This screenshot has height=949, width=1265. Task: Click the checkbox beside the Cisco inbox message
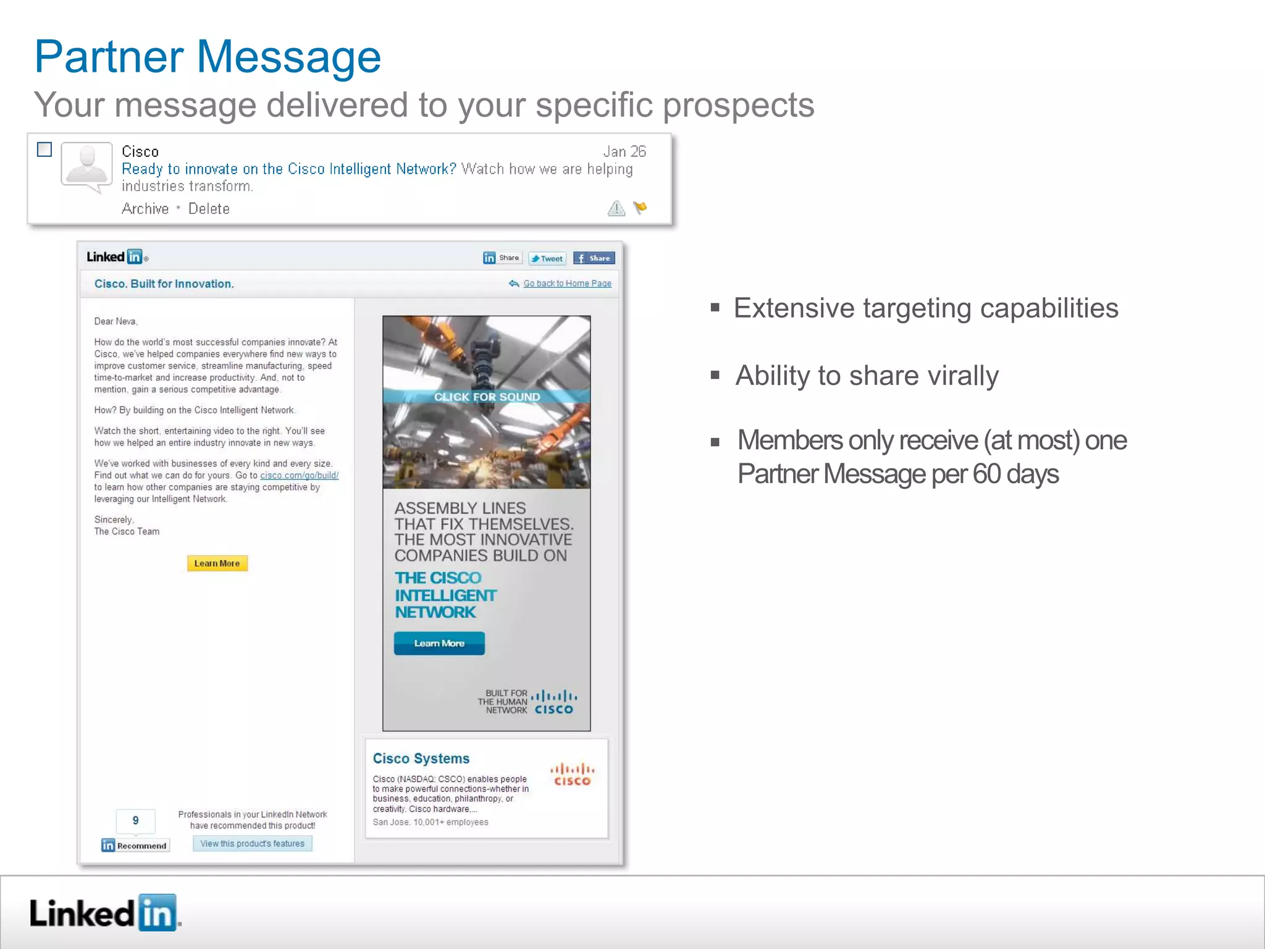click(x=44, y=150)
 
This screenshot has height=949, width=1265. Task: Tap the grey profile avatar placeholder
click(x=86, y=166)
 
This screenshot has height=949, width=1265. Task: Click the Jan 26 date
click(x=624, y=151)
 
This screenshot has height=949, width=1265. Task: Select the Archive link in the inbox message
click(x=145, y=209)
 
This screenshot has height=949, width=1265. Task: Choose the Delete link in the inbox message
click(x=209, y=209)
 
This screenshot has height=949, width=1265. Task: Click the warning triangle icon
click(x=616, y=208)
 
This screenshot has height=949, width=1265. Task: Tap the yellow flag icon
click(x=640, y=208)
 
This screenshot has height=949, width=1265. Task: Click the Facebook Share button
click(x=594, y=258)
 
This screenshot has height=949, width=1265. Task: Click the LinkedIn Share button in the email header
click(x=502, y=258)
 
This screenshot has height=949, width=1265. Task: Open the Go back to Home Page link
click(x=567, y=284)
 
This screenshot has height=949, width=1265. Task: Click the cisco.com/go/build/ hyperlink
click(x=299, y=475)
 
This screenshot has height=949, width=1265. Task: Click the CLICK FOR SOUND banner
click(x=487, y=397)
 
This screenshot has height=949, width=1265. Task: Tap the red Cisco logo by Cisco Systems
click(x=572, y=775)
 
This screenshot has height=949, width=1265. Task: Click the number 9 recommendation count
click(x=135, y=820)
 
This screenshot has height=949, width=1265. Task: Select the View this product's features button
click(x=252, y=843)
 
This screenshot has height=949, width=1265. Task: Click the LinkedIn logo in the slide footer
click(x=104, y=913)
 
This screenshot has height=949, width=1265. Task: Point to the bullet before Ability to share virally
click(x=715, y=374)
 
